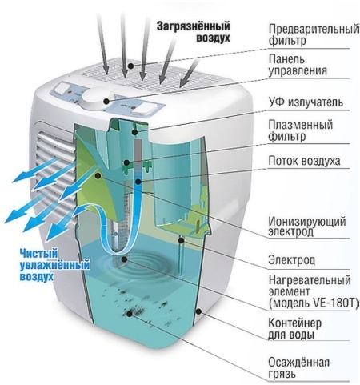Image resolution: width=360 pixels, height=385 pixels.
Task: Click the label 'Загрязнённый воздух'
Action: [x=193, y=32]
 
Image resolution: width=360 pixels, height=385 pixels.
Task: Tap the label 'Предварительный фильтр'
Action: [x=314, y=34]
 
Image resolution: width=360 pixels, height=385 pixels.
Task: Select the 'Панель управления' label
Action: [x=298, y=65]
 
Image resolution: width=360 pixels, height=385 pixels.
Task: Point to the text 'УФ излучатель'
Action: [x=306, y=102]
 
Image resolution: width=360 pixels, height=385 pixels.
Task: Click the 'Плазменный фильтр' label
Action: [x=301, y=130]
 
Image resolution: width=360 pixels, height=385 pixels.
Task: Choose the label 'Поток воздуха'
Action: [x=304, y=161]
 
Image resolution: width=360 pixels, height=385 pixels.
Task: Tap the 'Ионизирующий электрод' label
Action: [x=307, y=227]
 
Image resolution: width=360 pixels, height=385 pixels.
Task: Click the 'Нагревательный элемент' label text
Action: [x=310, y=286]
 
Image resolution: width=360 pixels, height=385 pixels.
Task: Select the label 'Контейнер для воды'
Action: [x=294, y=328]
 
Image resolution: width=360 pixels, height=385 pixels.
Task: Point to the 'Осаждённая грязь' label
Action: [x=298, y=368]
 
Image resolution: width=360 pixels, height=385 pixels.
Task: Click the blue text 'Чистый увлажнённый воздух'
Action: [x=54, y=265]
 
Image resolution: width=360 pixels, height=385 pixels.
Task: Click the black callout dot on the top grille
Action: [x=130, y=66]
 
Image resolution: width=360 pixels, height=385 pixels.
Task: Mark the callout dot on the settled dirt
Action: [x=130, y=314]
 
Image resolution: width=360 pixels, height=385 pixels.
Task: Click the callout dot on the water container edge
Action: [x=198, y=311]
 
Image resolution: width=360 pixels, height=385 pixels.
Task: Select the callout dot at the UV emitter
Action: [x=135, y=132]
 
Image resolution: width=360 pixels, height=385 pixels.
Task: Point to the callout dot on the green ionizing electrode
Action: [x=98, y=175]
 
